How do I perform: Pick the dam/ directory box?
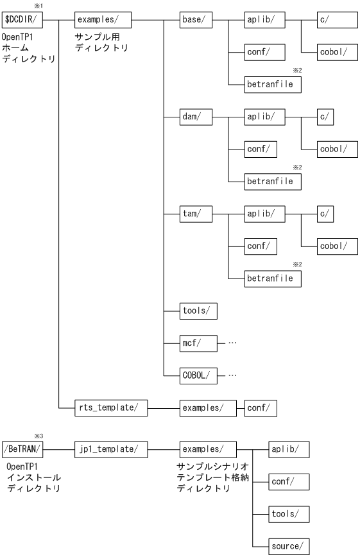coord(196,117)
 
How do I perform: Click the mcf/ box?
coord(199,343)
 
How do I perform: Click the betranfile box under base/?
coord(273,84)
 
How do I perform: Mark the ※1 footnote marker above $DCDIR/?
coord(38,6)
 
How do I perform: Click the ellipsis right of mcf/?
coord(232,343)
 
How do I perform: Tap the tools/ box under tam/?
coord(199,311)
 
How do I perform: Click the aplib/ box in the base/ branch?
coord(264,19)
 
